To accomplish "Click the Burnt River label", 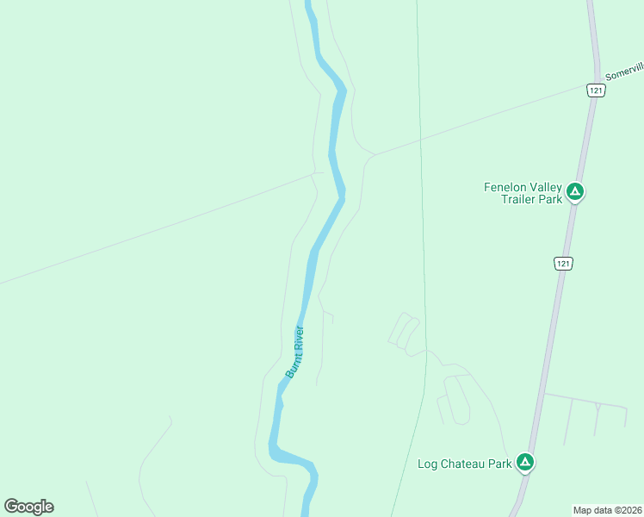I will coord(295,352).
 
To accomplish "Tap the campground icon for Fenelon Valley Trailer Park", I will coord(575,192).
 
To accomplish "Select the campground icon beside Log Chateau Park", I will coord(525,463).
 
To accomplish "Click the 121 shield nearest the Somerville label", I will coord(595,90).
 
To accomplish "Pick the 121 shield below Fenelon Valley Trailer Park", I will coord(562,263).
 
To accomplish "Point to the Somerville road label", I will coord(624,71).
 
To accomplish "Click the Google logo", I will coord(28,507).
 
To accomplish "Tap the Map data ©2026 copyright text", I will coord(607,509).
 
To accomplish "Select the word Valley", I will coord(546,187).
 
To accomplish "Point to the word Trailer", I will coord(520,199).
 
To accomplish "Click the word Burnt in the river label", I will coord(291,365).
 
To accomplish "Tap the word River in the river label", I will coord(300,337).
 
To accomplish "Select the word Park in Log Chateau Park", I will coord(499,464).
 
